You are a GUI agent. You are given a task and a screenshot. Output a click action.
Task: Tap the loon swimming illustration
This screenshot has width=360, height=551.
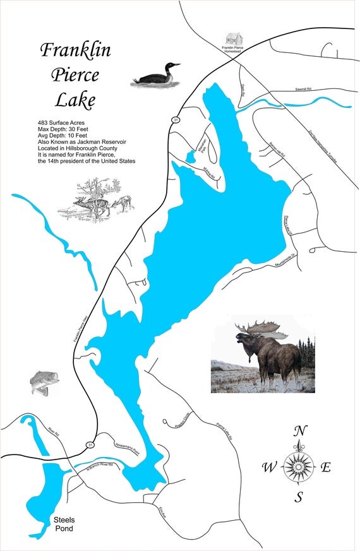tap(155, 75)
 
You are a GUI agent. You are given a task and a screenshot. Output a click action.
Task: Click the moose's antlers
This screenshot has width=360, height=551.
tap(259, 328)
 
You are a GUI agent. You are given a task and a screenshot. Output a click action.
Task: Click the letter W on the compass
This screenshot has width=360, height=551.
tap(269, 468)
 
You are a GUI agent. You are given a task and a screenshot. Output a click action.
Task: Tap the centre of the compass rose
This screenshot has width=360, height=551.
tap(299, 468)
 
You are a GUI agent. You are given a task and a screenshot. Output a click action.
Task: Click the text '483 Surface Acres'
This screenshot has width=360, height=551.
tap(66, 121)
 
